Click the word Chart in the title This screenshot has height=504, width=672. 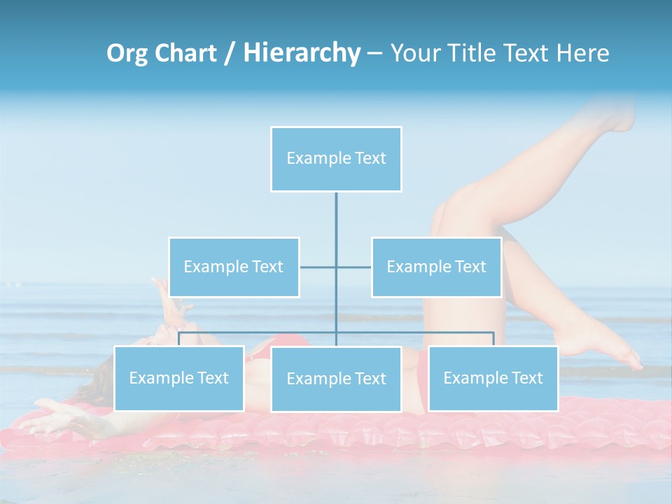coord(185,53)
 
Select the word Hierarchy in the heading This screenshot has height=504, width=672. coord(301,53)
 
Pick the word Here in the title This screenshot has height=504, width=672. coord(583,53)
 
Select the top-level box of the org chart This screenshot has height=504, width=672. coord(336,159)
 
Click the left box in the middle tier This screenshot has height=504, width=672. coord(234,267)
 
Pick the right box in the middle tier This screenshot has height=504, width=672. coord(436,267)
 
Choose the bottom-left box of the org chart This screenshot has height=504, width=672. coord(178,378)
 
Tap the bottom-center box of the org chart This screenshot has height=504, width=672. coord(336,379)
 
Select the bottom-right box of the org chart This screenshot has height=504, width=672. coord(493,378)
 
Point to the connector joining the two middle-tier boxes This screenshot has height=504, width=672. coord(318,267)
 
